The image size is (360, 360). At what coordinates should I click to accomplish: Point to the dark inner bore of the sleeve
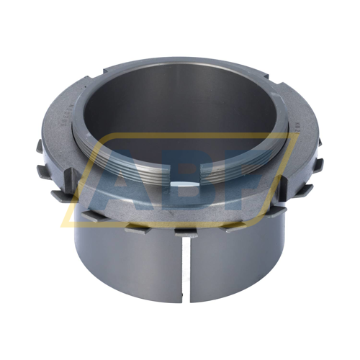pos(180,115)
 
